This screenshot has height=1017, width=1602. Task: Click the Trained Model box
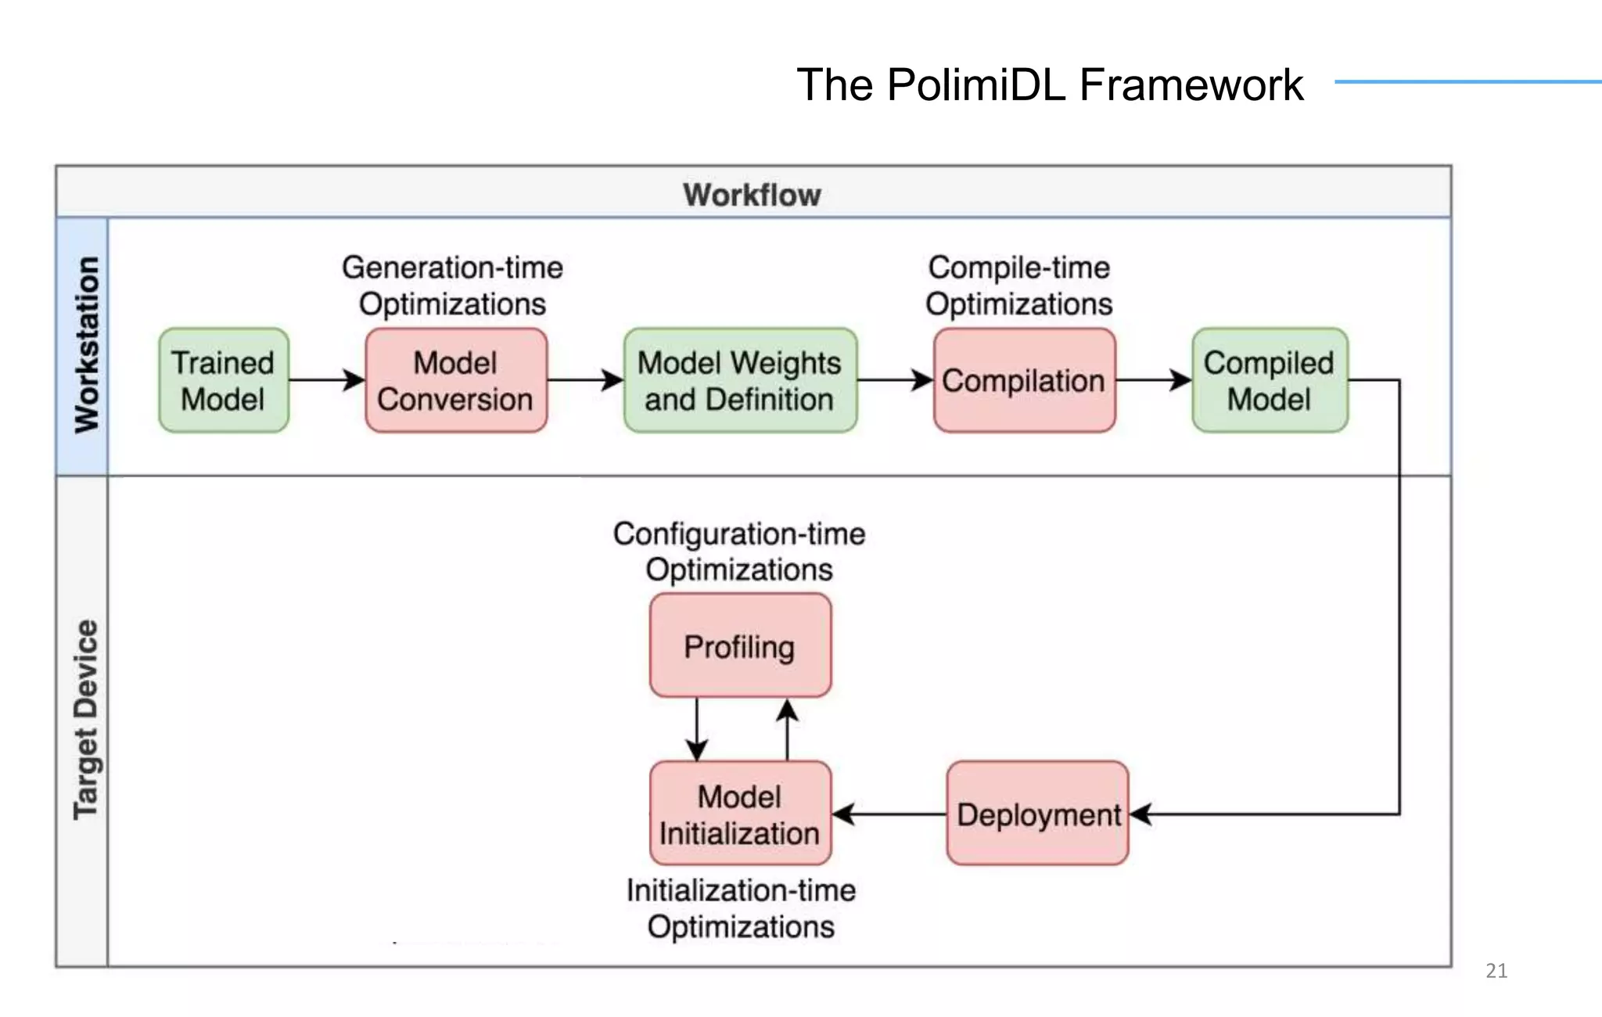click(224, 381)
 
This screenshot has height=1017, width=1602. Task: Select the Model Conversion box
click(456, 381)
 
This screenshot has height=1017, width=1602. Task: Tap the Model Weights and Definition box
click(740, 381)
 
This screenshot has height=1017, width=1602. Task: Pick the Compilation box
click(1024, 381)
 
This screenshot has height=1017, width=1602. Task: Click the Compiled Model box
click(1270, 381)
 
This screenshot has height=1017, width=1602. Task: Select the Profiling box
click(740, 646)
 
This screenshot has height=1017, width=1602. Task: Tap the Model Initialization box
click(740, 814)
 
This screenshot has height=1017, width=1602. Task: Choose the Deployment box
click(1037, 814)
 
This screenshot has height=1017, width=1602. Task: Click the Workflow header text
click(752, 194)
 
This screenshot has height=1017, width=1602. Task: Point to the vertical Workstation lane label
click(86, 345)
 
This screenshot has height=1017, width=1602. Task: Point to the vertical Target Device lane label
click(86, 721)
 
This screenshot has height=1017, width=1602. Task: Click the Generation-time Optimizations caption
click(452, 286)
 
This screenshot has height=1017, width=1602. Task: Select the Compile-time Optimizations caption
click(1018, 286)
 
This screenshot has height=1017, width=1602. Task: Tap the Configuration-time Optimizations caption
click(739, 552)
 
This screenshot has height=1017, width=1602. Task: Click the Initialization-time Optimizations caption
click(741, 908)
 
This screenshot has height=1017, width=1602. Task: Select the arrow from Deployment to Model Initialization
click(889, 814)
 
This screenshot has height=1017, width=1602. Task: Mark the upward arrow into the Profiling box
click(787, 729)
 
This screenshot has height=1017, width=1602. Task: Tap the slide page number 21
click(1496, 971)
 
